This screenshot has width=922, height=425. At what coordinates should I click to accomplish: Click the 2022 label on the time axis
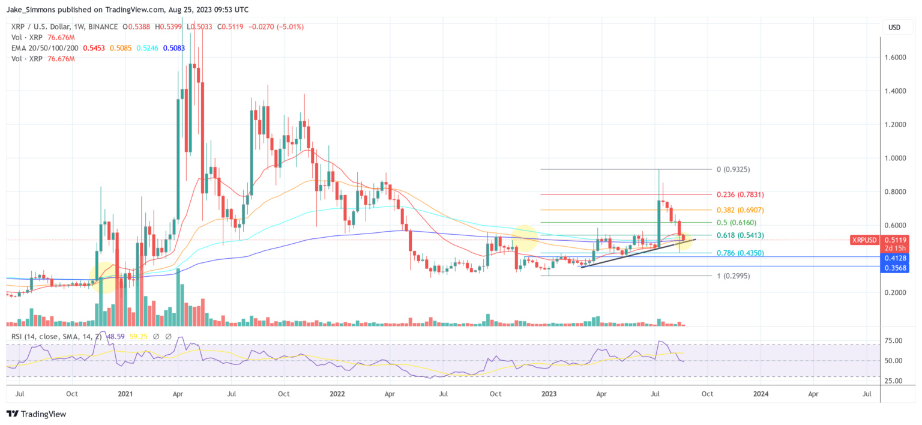click(337, 394)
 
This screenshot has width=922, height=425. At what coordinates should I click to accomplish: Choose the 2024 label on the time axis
click(761, 394)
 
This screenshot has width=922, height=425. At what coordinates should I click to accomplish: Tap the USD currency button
click(894, 27)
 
